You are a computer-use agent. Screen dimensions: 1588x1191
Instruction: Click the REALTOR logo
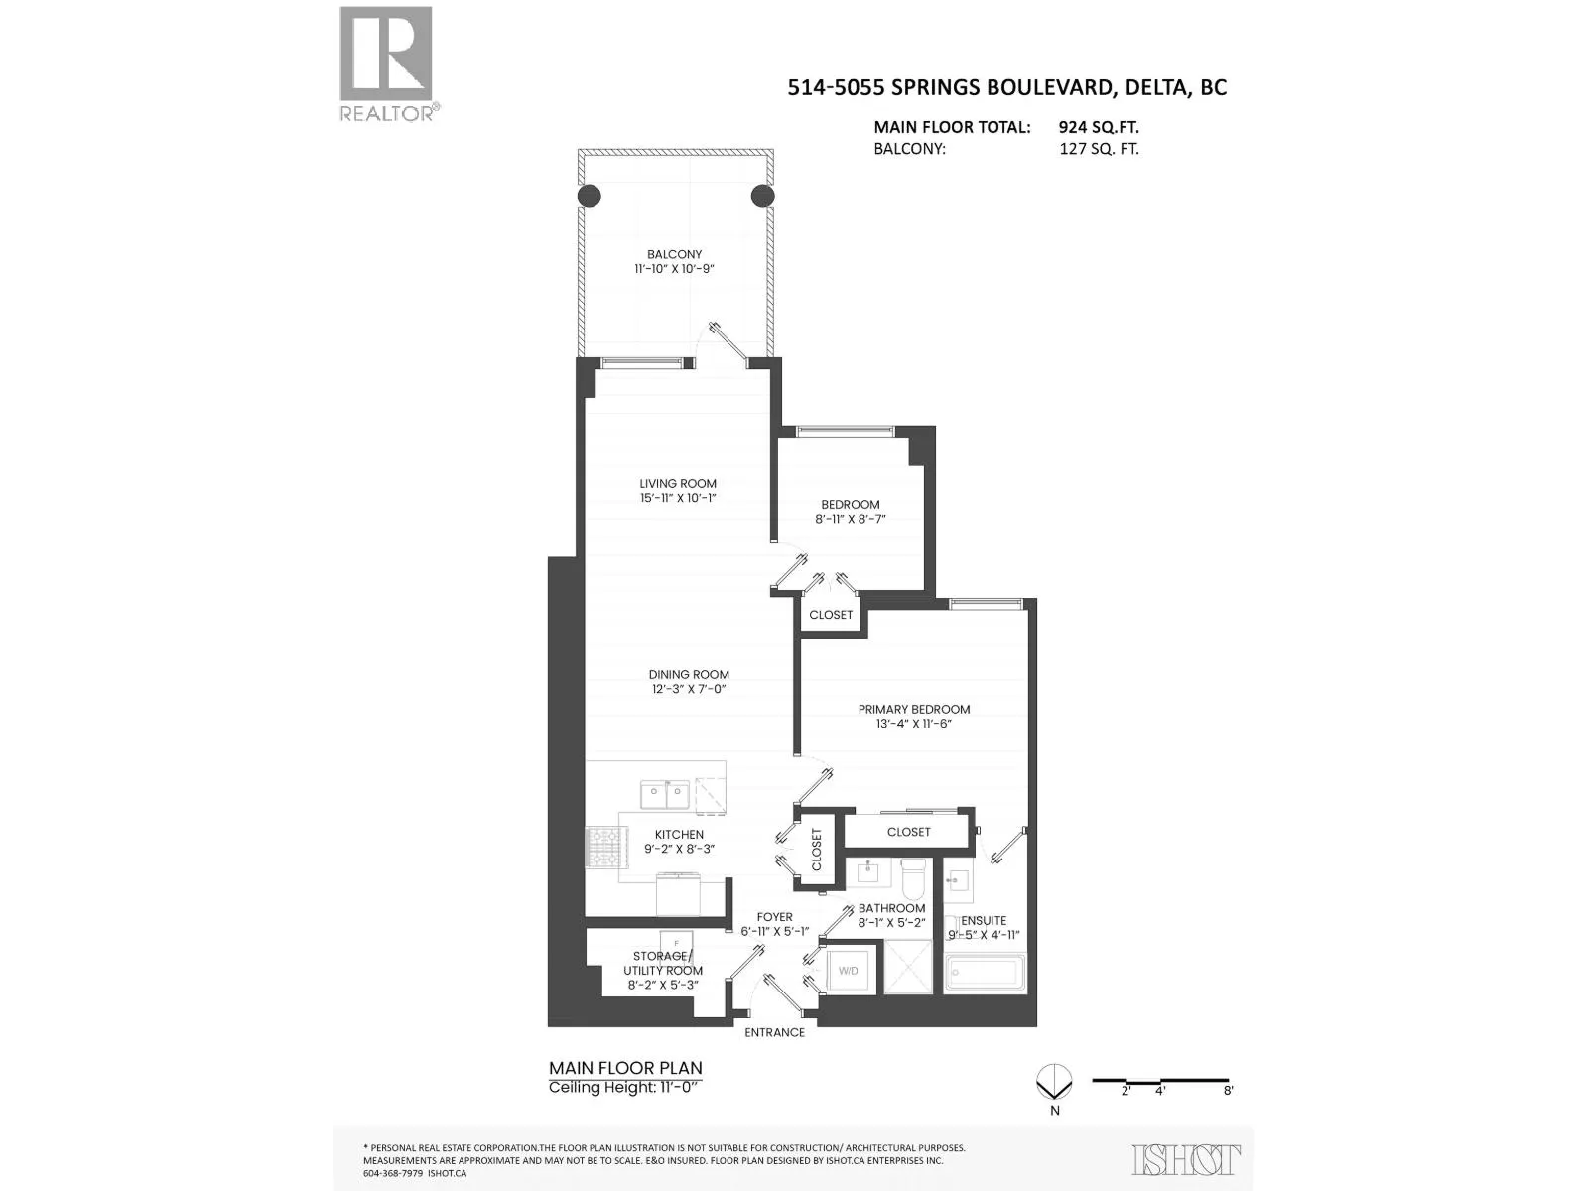coord(388,64)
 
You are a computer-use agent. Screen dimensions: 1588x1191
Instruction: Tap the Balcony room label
coord(674,254)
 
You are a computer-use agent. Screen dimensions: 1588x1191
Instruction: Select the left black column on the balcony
coord(589,196)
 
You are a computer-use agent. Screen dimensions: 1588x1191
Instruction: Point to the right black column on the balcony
coord(762,196)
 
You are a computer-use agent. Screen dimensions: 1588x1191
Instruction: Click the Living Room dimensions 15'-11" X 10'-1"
coord(678,498)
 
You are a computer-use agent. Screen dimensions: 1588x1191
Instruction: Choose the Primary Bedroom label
coord(914,709)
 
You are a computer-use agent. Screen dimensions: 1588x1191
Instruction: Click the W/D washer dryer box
coord(848,970)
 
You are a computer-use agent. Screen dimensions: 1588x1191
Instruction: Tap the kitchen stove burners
coord(600,847)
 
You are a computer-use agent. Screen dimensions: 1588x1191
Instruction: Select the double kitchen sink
coord(664,795)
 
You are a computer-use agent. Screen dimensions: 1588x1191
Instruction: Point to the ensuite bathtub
coord(986,973)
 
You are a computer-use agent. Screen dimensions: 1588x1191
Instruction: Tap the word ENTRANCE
coord(775,1032)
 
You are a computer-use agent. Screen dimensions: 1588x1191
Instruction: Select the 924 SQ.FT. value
coord(1099,127)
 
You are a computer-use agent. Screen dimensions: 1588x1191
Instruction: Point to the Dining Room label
coord(689,675)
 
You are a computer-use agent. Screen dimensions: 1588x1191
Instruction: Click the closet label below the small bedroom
coord(831,615)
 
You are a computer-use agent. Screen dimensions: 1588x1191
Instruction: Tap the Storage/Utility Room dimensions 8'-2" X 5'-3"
coord(663,985)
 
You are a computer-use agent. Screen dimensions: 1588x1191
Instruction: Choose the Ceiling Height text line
coord(625,1088)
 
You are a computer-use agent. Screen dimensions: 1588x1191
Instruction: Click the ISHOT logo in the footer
coord(1186,1160)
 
